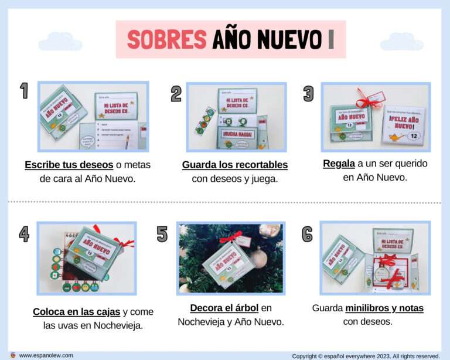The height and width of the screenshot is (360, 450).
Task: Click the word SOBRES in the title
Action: click(166, 40)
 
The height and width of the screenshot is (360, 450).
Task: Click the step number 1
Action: click(24, 91)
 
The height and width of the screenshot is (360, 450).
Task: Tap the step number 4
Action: click(24, 234)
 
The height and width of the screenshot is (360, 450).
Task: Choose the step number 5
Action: click(162, 234)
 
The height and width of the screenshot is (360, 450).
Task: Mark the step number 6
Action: click(307, 234)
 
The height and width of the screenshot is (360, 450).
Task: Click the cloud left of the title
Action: click(60, 42)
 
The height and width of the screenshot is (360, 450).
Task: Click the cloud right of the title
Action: click(401, 42)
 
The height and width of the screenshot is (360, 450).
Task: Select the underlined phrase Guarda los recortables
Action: click(234, 165)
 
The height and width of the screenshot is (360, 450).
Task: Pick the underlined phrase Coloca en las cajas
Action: click(77, 311)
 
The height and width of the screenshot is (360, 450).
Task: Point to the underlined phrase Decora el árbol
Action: click(224, 308)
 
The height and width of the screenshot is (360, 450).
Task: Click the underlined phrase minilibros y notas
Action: click(384, 308)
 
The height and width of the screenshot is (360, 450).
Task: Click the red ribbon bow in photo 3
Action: click(367, 101)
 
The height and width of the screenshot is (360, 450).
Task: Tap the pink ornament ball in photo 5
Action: click(259, 257)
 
